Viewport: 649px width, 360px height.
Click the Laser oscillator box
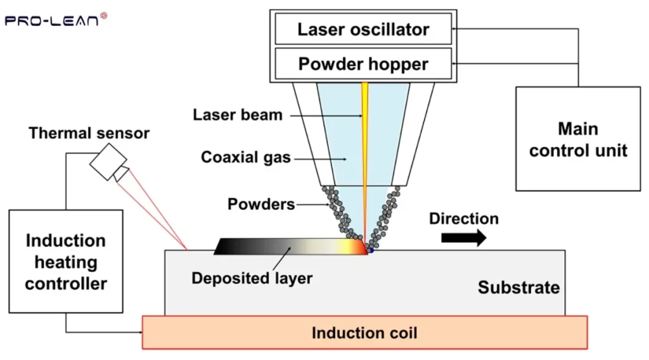363,29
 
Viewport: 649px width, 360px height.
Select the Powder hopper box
363,64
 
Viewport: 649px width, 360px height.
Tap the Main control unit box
578,139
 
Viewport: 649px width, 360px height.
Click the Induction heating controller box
66,262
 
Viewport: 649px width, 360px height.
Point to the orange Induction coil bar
364,333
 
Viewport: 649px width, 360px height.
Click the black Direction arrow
463,238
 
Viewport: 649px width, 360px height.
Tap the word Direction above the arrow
464,219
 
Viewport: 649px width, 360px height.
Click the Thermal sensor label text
89,133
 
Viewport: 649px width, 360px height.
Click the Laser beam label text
238,115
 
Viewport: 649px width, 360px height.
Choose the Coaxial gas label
245,157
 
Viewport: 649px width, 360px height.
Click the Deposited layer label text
252,278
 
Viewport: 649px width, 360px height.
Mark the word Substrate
518,288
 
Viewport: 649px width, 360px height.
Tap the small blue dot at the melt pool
371,252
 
